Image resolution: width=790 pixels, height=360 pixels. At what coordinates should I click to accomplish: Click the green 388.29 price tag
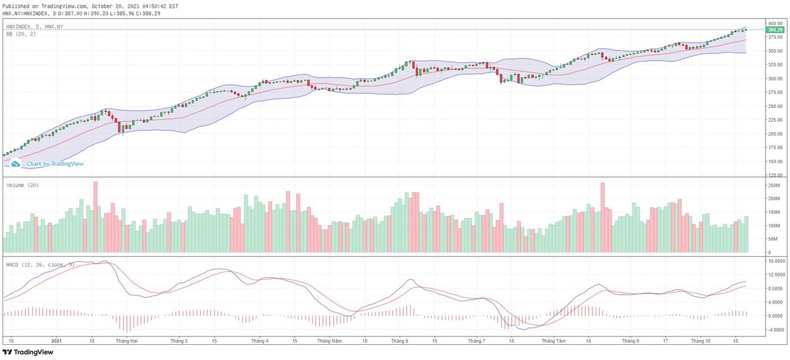click(775, 30)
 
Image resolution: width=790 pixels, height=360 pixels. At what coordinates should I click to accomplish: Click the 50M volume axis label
click(772, 239)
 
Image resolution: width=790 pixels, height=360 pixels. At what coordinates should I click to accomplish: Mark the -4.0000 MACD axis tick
click(774, 329)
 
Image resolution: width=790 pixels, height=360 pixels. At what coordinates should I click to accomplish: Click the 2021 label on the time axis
click(56, 341)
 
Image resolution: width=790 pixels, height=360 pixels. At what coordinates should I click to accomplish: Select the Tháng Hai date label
click(126, 341)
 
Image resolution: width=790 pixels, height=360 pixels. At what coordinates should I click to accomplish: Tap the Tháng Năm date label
click(329, 341)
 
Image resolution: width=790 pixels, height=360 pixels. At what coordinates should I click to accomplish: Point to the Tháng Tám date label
click(553, 341)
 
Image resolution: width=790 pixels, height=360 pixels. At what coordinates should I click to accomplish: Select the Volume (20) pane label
click(22, 186)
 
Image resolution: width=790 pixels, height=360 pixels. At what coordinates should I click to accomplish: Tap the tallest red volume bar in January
click(95, 217)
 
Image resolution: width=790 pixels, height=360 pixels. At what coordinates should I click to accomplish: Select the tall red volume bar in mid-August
click(602, 218)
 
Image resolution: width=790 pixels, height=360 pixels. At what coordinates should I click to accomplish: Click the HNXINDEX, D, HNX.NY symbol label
click(34, 27)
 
